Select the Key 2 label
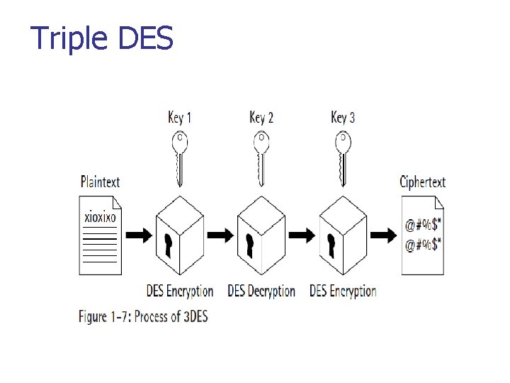click(x=261, y=116)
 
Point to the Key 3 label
click(x=343, y=116)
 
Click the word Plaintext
click(x=100, y=182)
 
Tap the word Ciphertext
click(x=422, y=182)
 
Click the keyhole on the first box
click(x=169, y=245)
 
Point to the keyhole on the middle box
click(x=249, y=245)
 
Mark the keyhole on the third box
click(x=331, y=245)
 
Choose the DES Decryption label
click(x=261, y=291)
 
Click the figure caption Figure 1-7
click(x=143, y=316)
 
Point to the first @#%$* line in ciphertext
click(x=424, y=226)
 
